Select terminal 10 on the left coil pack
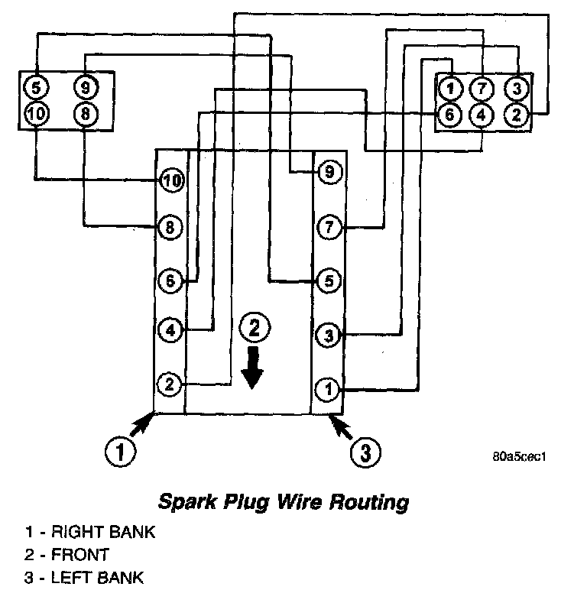[x=35, y=114]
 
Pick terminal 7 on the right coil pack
[x=480, y=89]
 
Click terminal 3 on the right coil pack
[x=517, y=89]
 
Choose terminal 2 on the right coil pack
[x=517, y=115]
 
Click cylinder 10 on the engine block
[x=171, y=180]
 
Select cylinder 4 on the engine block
[x=170, y=331]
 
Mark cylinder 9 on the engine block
[x=329, y=173]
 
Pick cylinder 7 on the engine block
[x=329, y=227]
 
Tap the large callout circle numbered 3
[x=365, y=453]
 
